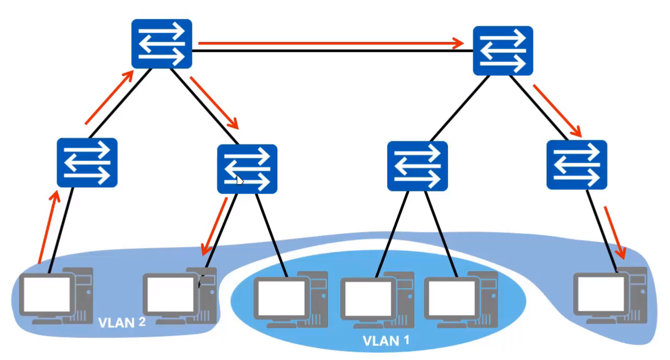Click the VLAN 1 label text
pyautogui.click(x=386, y=340)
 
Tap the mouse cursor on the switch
pyautogui.click(x=240, y=180)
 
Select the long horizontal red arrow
pyautogui.click(x=331, y=43)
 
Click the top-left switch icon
pyautogui.click(x=162, y=44)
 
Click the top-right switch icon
pyautogui.click(x=503, y=51)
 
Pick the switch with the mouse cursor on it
pyautogui.click(x=247, y=169)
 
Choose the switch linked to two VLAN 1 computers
pyautogui.click(x=417, y=166)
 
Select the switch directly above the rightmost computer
pyautogui.click(x=577, y=165)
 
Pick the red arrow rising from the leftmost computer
pyautogui.click(x=48, y=227)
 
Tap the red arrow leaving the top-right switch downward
pyautogui.click(x=557, y=109)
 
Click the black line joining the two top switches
pyautogui.click(x=331, y=51)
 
